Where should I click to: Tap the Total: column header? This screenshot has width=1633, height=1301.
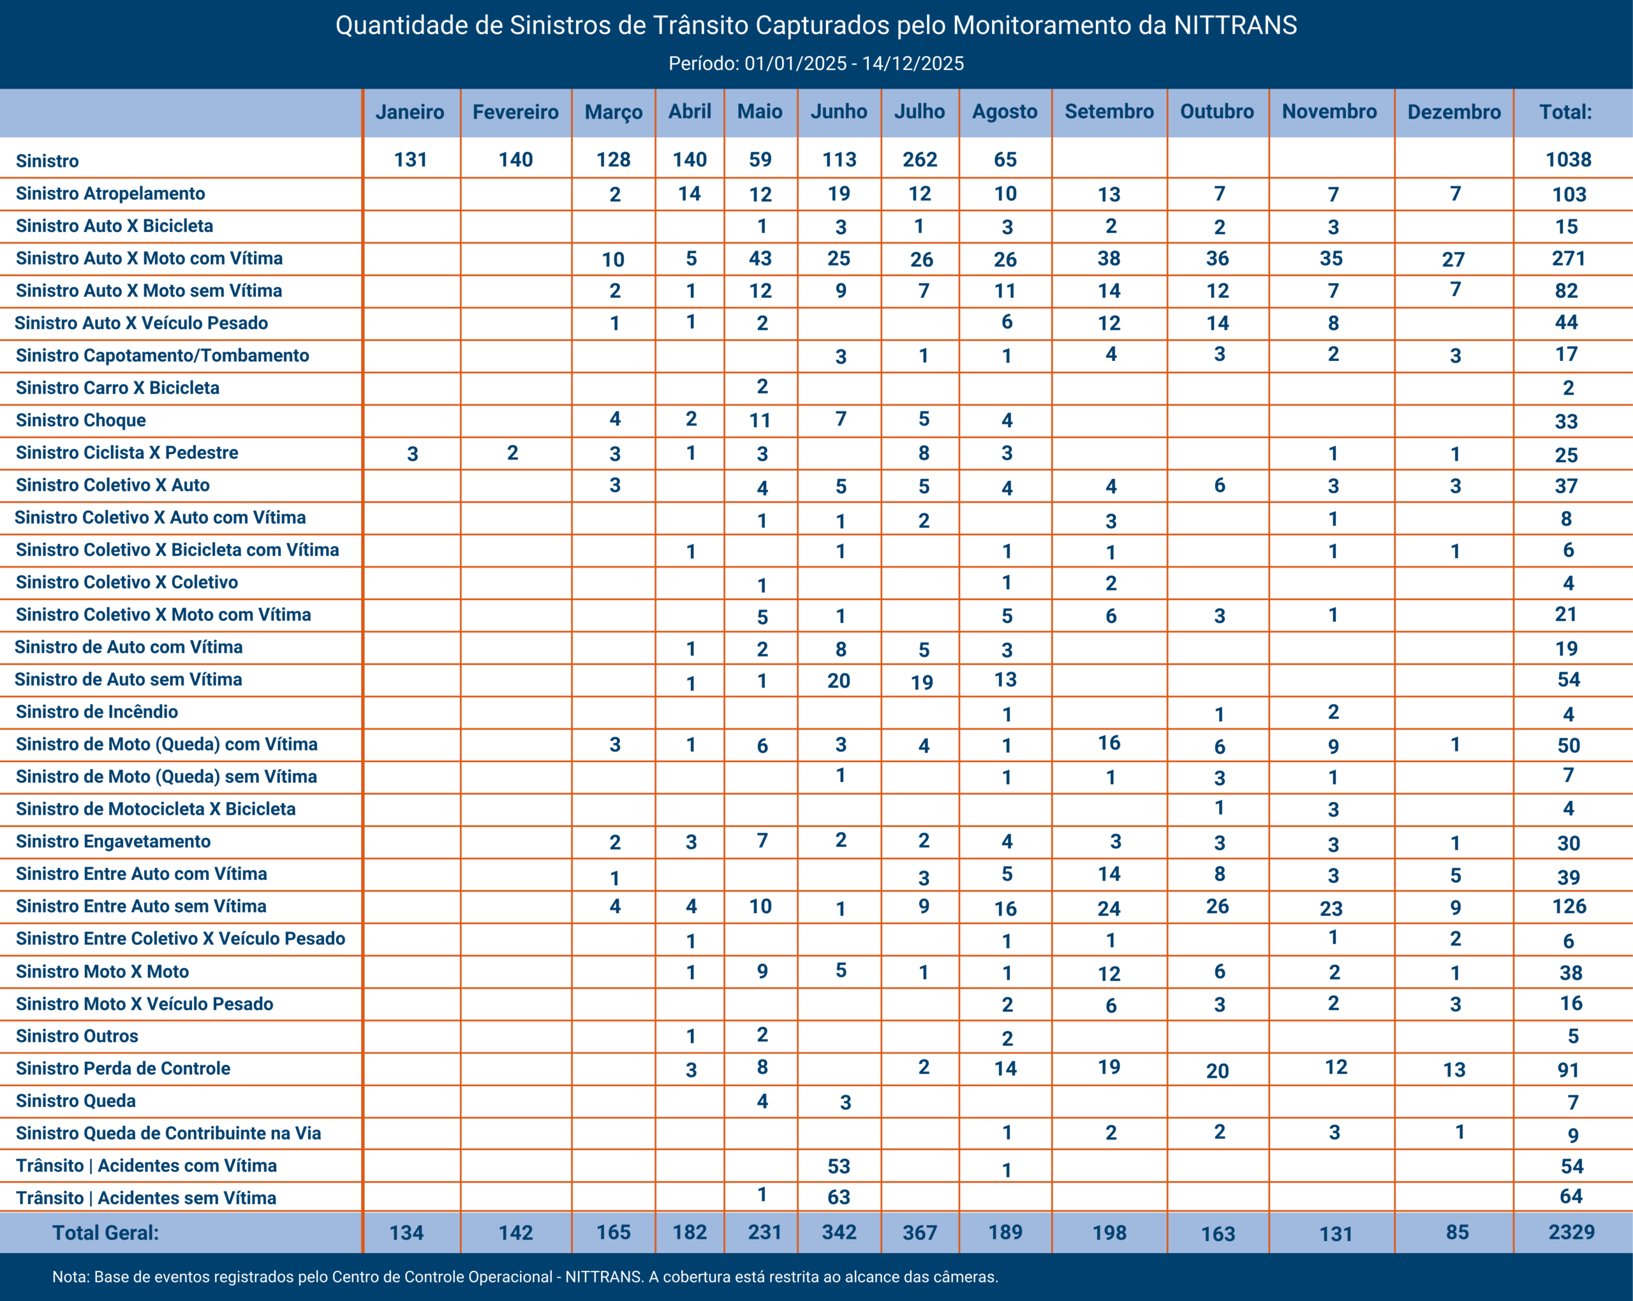pos(1565,112)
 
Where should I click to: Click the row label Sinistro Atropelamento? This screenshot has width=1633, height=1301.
pos(110,194)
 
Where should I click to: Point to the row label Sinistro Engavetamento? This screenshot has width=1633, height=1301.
pos(113,841)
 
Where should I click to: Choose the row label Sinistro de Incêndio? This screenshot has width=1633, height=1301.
pos(97,712)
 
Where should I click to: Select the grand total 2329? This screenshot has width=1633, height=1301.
pos(1571,1232)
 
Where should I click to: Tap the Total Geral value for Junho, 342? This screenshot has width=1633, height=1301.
pos(839,1232)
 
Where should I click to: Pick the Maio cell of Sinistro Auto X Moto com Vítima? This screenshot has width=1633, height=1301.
pos(760,259)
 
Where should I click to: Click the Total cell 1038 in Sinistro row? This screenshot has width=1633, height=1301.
pos(1569,160)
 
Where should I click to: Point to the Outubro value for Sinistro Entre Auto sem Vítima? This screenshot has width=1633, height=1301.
pos(1217,906)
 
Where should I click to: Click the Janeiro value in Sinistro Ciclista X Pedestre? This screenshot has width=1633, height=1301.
pos(412,453)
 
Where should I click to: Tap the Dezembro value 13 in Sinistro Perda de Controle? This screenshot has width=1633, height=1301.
pos(1454,1069)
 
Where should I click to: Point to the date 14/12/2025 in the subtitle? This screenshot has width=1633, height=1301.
pos(913,64)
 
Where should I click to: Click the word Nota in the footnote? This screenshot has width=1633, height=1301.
pos(70,1277)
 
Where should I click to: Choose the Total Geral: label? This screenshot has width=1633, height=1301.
pos(105,1233)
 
